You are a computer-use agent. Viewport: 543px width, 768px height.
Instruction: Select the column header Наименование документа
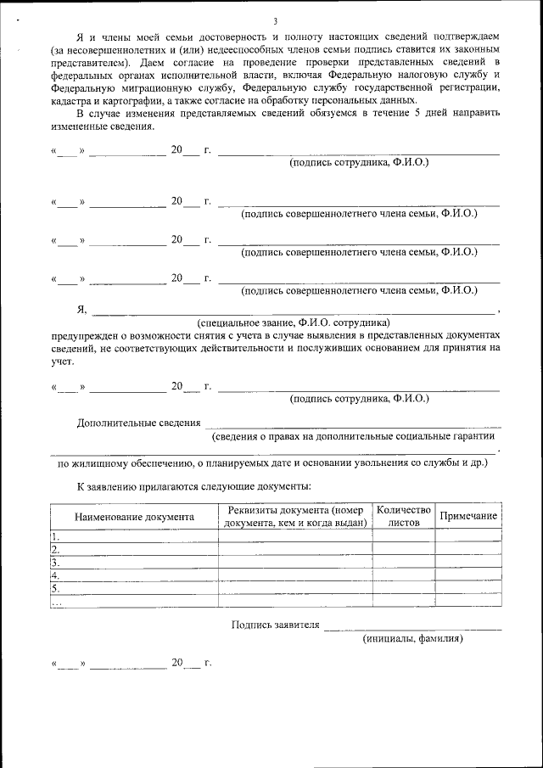[x=134, y=516]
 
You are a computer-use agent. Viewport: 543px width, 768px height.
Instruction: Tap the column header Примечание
[x=468, y=516]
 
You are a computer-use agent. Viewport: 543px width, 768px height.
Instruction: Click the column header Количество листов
[x=404, y=516]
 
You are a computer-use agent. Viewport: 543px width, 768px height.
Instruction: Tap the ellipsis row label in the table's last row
[x=57, y=602]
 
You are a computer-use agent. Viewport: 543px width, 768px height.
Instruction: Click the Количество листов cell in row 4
[x=404, y=575]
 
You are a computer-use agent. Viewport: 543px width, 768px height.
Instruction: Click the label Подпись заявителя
[x=276, y=625]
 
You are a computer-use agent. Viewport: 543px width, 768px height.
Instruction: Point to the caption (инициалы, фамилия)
[x=412, y=637]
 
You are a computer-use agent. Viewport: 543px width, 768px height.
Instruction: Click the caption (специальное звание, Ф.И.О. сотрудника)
[x=293, y=323]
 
